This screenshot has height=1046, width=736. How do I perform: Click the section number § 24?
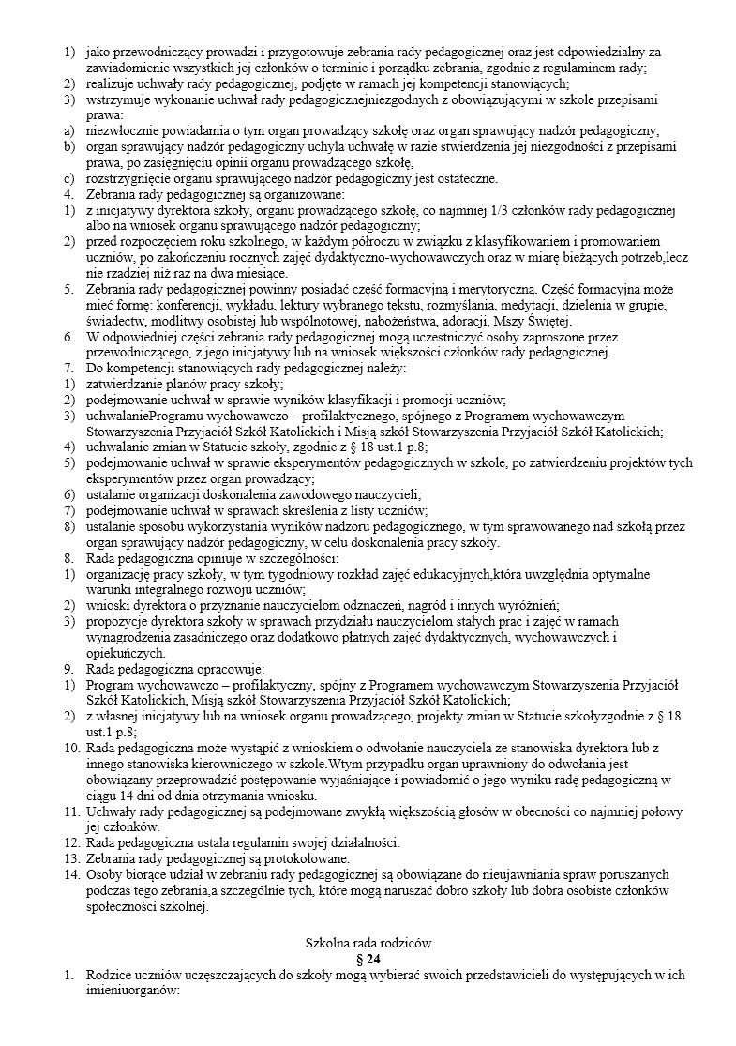click(368, 959)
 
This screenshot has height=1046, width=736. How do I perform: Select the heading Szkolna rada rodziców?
click(368, 941)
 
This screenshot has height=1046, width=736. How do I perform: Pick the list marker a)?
click(69, 130)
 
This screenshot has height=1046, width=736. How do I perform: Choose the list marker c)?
click(69, 178)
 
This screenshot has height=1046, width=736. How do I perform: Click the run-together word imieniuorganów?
click(136, 991)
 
